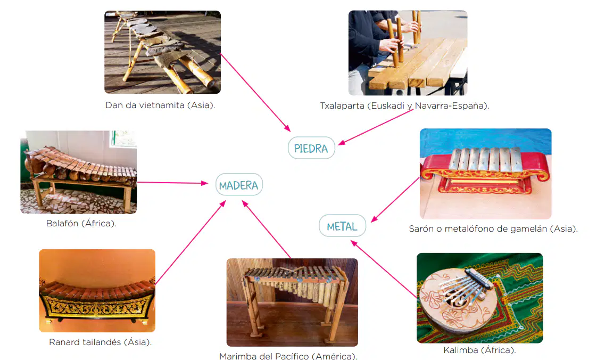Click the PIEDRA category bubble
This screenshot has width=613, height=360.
(x=311, y=148)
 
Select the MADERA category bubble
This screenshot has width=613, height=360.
(x=239, y=185)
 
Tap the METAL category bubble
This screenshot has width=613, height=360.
(x=342, y=226)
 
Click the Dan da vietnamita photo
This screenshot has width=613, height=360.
(x=163, y=52)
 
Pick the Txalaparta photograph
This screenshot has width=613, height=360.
(x=408, y=53)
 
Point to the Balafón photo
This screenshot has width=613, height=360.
(x=79, y=172)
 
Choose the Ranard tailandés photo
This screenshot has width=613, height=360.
(x=97, y=291)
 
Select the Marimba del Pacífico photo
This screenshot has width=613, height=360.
(x=292, y=302)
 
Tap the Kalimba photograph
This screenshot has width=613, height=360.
(x=479, y=298)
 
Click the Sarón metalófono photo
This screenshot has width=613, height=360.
(x=485, y=174)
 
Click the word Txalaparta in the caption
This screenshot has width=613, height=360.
(x=342, y=106)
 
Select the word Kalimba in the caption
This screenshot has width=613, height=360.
(x=460, y=350)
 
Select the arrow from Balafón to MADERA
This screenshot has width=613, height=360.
(x=172, y=183)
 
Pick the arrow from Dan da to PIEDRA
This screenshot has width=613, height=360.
(x=255, y=93)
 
